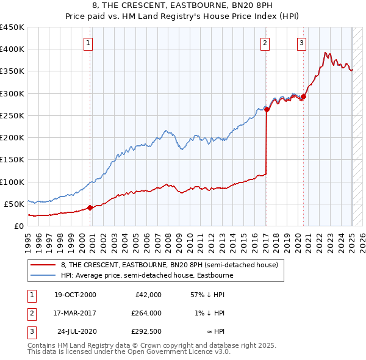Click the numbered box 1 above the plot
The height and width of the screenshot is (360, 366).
point(89,43)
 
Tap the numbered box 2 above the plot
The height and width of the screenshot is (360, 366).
point(265,43)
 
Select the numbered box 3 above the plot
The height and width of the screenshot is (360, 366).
point(301,43)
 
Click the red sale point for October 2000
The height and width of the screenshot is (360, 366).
point(90,207)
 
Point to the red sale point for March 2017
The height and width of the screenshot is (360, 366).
point(267,110)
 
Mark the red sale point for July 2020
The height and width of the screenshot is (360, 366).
point(303,96)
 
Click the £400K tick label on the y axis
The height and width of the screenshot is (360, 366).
point(12,49)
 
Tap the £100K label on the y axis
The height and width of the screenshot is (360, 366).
point(12,182)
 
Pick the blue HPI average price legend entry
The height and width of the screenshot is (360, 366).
point(146,275)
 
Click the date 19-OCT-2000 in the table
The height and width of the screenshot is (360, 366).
point(75,295)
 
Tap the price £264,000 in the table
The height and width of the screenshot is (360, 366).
point(147,313)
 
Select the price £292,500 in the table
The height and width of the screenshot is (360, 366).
point(147,331)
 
